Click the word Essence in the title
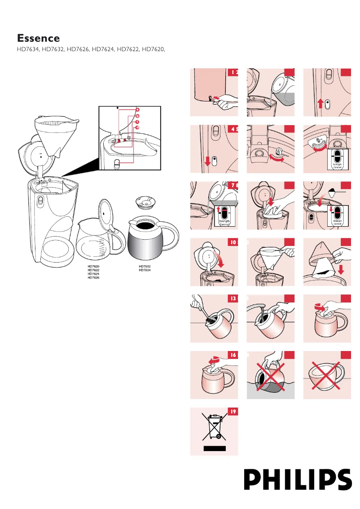coord(38,38)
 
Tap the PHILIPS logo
coord(298,479)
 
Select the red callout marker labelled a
coord(138,110)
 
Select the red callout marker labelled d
coord(137,127)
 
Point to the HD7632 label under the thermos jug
coord(145,266)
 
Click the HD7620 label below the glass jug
coord(93,266)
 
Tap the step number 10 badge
coord(233,243)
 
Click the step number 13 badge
coord(233,298)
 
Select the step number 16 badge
coord(233,355)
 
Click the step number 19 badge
coord(233,411)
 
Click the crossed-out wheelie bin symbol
coord(214,427)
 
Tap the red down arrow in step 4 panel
coord(207,161)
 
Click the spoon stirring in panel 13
coord(201,309)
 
